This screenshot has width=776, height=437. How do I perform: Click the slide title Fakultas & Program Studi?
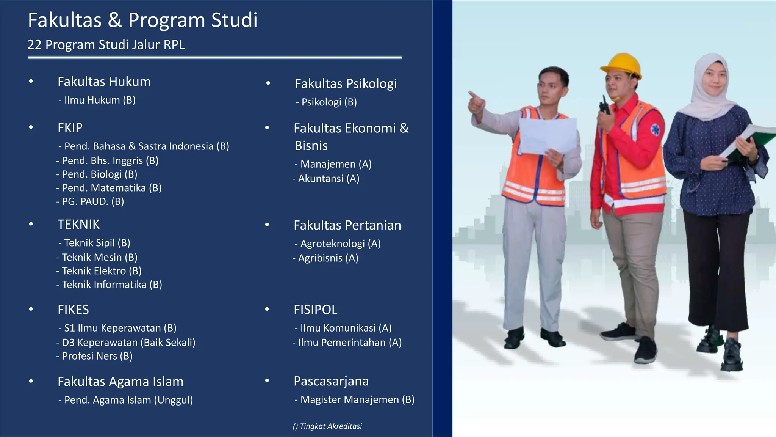tap(142, 20)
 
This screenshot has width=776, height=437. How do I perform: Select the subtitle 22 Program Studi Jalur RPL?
tap(106, 45)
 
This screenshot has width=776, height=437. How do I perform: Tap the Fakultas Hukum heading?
tap(104, 82)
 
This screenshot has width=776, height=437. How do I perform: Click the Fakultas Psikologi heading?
tap(346, 83)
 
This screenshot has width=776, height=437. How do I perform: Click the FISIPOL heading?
tap(315, 310)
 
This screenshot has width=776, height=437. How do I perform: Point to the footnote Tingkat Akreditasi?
tap(327, 426)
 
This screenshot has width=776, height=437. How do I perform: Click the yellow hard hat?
tap(621, 65)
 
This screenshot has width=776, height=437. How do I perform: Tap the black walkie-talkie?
tap(605, 105)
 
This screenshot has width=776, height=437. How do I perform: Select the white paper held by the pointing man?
tap(548, 135)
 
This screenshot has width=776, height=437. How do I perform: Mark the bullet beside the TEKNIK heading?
tap(31, 224)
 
